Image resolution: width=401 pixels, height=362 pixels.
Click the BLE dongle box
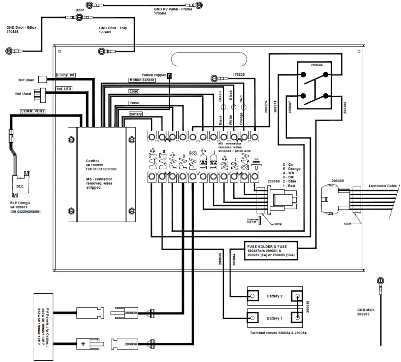tap(20, 186)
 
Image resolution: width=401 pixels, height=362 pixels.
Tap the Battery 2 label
tap(275, 296)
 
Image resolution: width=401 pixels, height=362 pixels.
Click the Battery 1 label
tap(275, 318)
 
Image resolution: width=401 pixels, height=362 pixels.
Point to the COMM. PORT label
tap(32, 111)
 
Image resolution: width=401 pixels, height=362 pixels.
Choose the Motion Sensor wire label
tap(142, 80)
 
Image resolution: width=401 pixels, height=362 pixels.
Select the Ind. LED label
tap(64, 89)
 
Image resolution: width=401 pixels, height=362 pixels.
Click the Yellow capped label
tap(154, 75)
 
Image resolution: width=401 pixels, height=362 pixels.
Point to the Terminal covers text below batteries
tap(278, 332)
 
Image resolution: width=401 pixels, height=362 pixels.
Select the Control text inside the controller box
tap(92, 161)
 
